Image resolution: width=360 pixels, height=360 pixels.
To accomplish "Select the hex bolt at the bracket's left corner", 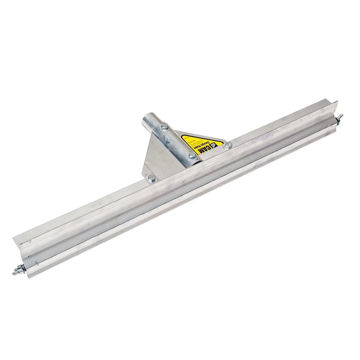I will pyautogui.click(x=151, y=178).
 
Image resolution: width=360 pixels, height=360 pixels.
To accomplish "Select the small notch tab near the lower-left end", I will pyautogui.click(x=37, y=264).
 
